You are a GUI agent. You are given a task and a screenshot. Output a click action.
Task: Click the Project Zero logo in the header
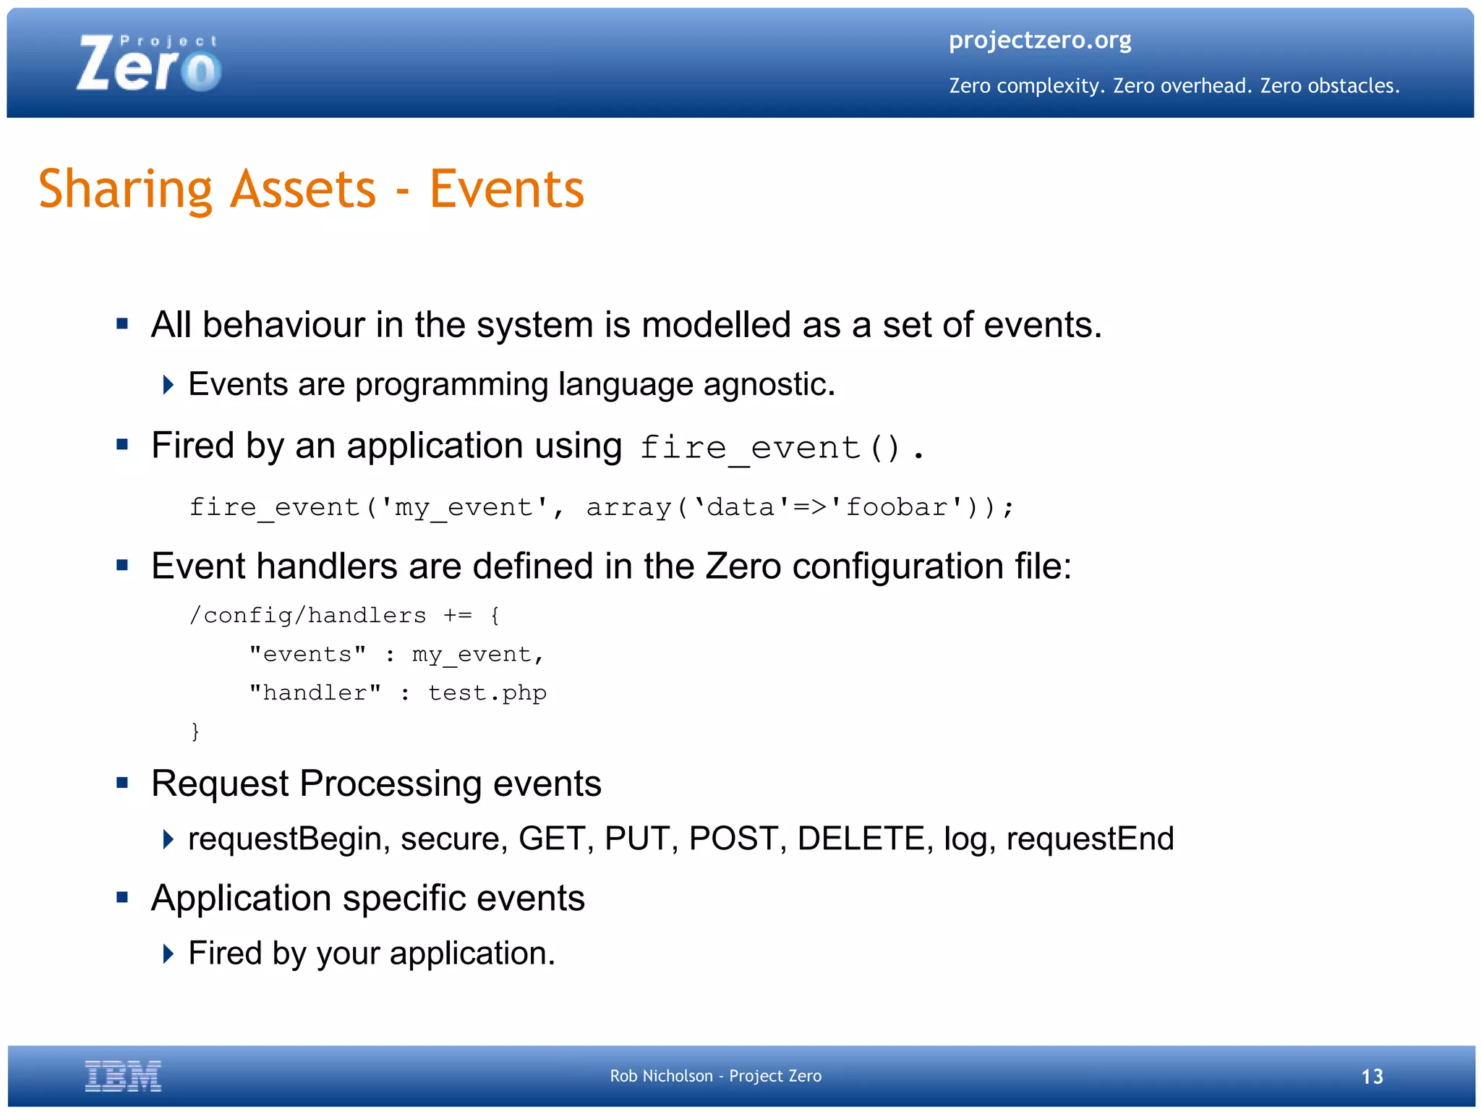click(x=148, y=64)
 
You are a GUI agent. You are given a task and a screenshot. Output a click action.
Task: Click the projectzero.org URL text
click(x=1039, y=40)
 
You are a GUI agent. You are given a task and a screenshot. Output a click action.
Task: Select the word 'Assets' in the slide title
click(x=303, y=190)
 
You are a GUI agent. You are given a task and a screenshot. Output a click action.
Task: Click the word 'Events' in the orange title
click(x=506, y=190)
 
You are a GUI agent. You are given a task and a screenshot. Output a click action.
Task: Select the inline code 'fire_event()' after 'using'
click(x=771, y=448)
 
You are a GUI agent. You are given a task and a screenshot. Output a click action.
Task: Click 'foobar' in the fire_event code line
click(x=897, y=507)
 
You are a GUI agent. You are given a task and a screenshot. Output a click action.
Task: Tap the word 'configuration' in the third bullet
click(x=897, y=566)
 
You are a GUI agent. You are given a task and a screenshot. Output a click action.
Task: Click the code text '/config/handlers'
click(x=307, y=615)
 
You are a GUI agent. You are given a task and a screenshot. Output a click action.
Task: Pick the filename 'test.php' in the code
click(x=487, y=693)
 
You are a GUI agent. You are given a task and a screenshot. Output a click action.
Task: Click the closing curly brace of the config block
click(x=195, y=731)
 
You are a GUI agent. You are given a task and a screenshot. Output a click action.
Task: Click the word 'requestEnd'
click(x=1090, y=839)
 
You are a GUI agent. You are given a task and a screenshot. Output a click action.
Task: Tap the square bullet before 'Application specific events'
click(x=122, y=898)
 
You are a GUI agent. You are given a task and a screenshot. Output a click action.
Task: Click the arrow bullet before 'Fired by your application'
click(x=168, y=954)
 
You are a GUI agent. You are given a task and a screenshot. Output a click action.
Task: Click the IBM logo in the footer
click(x=123, y=1076)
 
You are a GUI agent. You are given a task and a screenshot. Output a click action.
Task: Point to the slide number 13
click(x=1372, y=1077)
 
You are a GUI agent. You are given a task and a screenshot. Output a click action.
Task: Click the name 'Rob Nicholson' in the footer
click(x=661, y=1077)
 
